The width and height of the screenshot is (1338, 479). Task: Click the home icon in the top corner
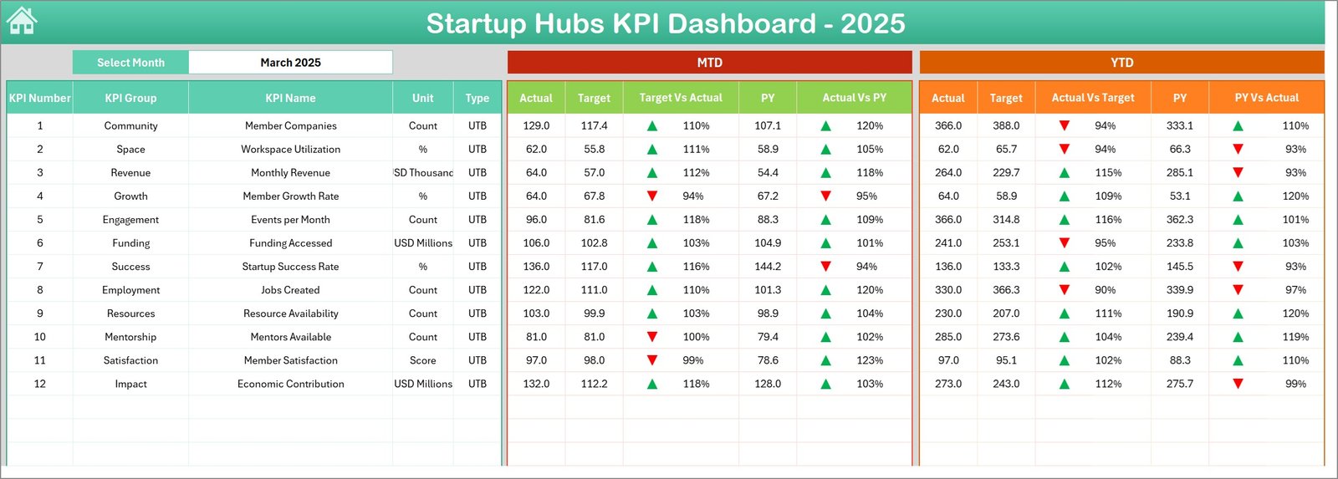[22, 21]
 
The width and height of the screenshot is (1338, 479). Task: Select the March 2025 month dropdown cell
[290, 63]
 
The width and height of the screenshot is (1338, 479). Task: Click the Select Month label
[130, 63]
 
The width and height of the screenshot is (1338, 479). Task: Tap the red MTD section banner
[709, 63]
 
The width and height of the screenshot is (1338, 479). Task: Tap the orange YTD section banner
[1121, 63]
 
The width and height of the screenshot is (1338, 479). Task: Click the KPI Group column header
[130, 98]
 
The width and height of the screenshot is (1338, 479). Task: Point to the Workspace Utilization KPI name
[290, 149]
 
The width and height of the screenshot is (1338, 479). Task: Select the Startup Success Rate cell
[290, 267]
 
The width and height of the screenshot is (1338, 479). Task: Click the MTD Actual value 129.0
[536, 125]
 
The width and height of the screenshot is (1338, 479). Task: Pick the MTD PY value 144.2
[768, 267]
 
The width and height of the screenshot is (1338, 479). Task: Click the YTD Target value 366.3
[1006, 290]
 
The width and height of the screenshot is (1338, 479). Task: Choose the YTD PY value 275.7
[1180, 384]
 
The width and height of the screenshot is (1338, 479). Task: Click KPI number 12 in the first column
[39, 384]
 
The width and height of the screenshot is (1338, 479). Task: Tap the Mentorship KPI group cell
[130, 337]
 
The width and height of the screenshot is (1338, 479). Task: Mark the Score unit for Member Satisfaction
[422, 360]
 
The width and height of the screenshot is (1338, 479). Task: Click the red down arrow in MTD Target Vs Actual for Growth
[652, 196]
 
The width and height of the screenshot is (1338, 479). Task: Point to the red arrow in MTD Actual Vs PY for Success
[826, 267]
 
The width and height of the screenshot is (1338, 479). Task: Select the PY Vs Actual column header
[1266, 98]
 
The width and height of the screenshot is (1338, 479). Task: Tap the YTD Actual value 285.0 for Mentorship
[948, 337]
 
